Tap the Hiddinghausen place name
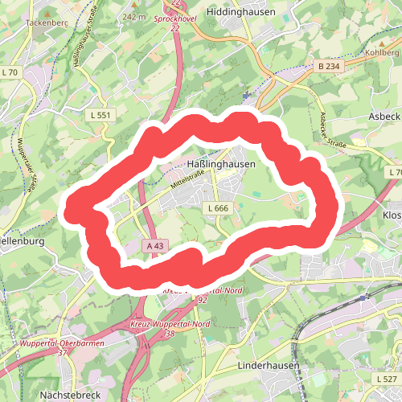point(240,12)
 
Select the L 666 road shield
point(218,208)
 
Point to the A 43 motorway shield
point(155,244)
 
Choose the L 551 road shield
point(100,116)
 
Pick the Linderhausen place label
point(269,365)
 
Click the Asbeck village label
point(384,116)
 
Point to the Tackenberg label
point(44,23)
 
